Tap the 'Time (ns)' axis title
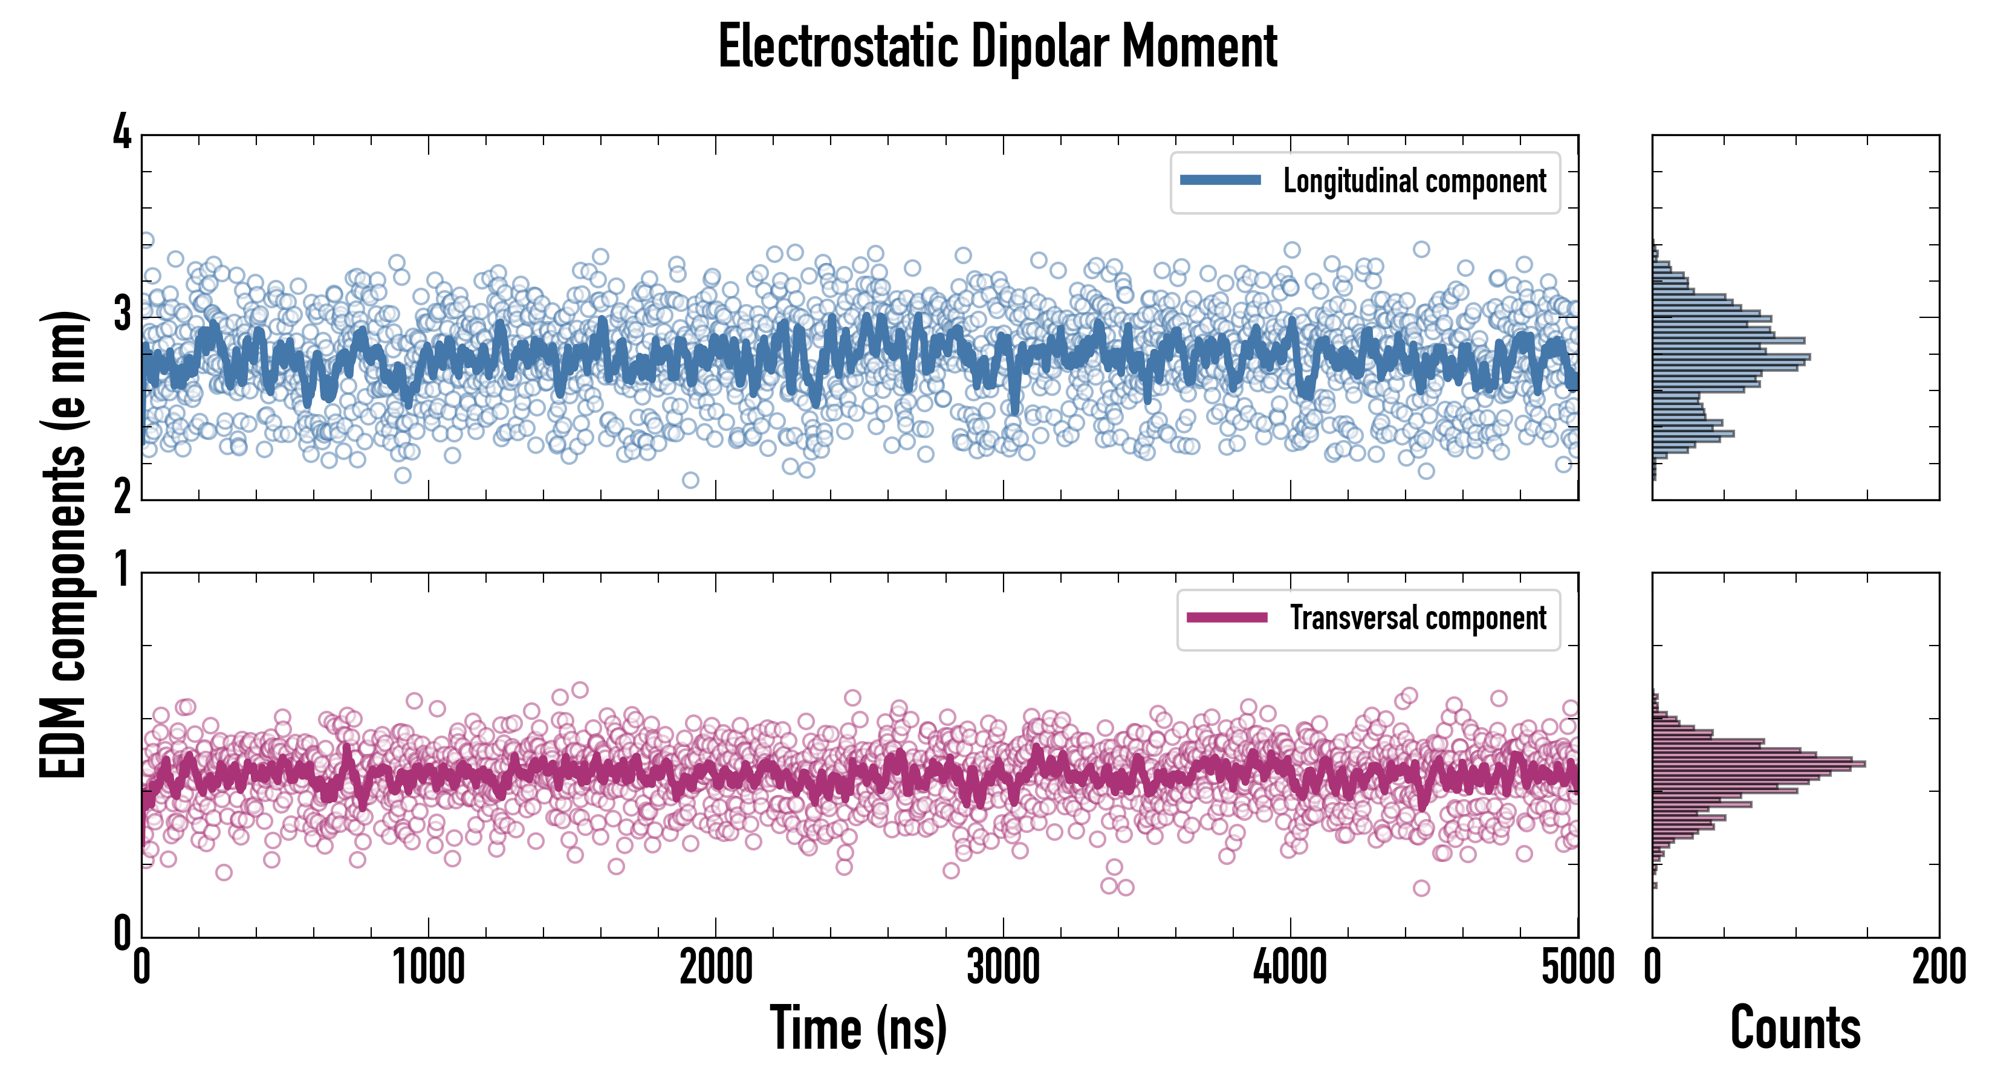coord(858,1028)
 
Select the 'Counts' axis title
coord(1795,1028)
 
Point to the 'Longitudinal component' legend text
coord(1414,181)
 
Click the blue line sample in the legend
coord(1220,181)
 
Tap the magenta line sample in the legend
coord(1227,617)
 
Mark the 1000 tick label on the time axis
coord(428,968)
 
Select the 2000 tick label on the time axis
coord(716,968)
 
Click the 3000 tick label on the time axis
coord(1003,968)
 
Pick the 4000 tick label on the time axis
coord(1290,968)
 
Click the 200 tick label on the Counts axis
coord(1938,968)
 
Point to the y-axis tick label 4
coord(122,133)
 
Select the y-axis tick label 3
coord(122,315)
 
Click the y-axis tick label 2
coord(122,498)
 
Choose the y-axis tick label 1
coord(122,571)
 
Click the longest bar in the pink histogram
coord(1758,764)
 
